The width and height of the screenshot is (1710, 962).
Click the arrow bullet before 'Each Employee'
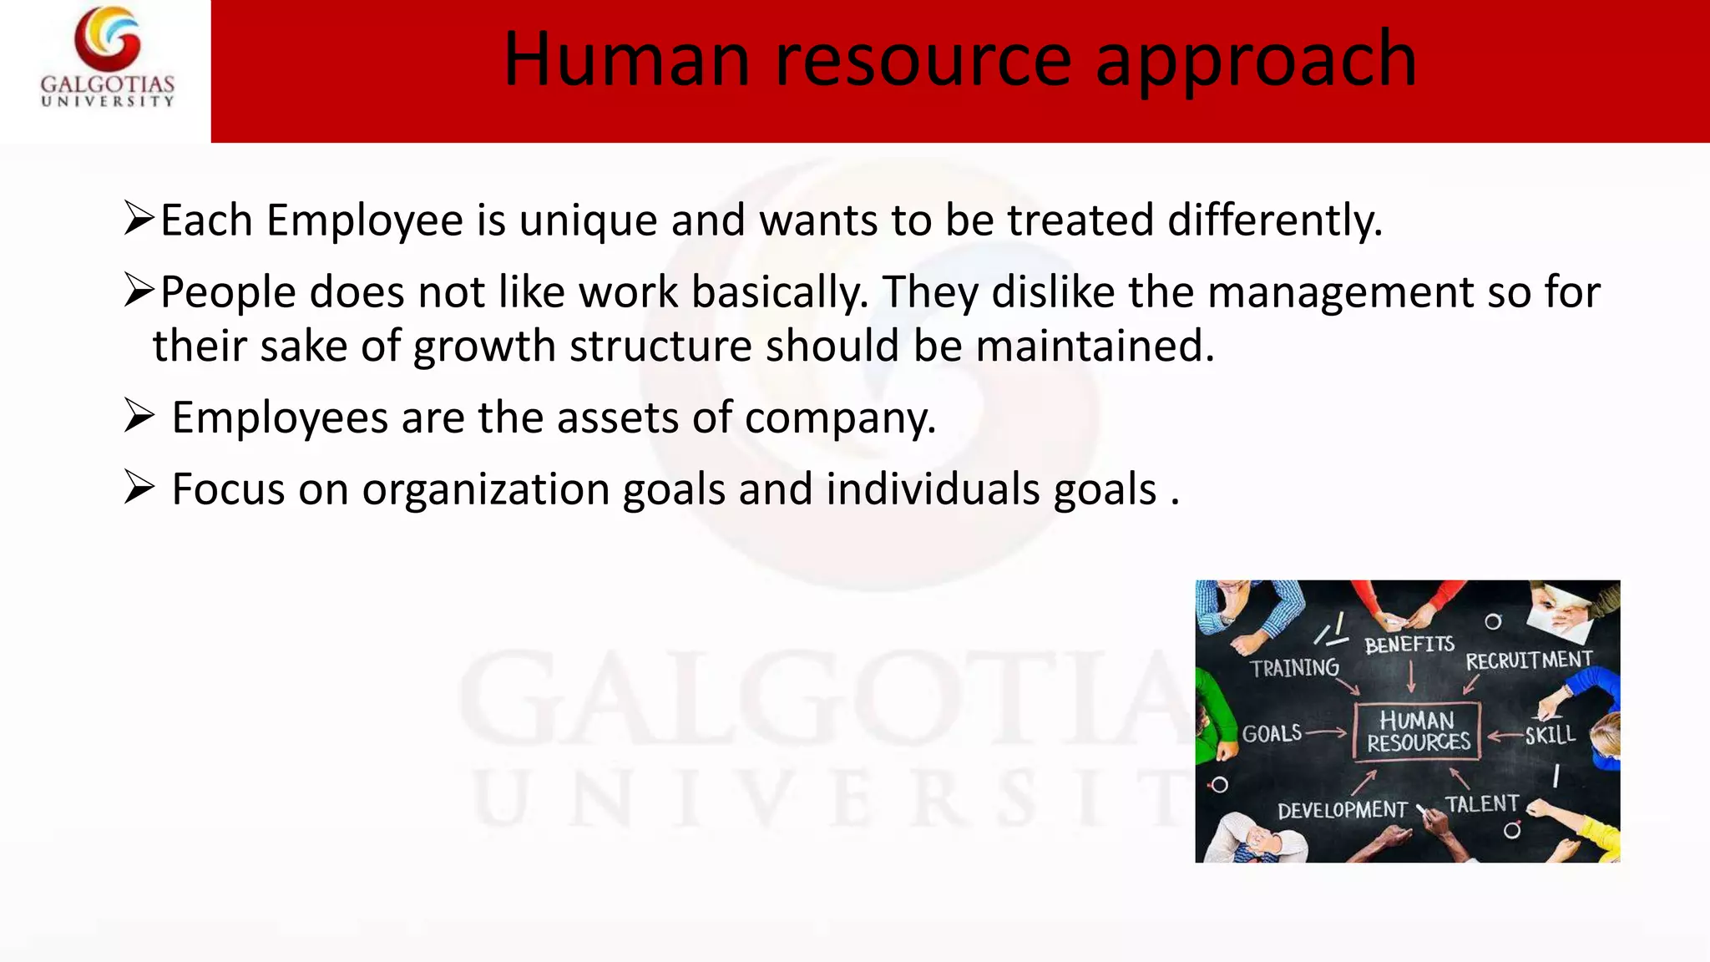tap(139, 218)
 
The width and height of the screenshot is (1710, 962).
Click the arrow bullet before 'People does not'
tap(139, 290)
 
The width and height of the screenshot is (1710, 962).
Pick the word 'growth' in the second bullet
tap(485, 346)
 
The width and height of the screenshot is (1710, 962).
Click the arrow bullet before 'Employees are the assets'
tap(139, 415)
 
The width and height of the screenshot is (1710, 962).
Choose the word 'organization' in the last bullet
tap(485, 489)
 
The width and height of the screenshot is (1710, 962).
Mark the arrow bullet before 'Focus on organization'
tap(139, 487)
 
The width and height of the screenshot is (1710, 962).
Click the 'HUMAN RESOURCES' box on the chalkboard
tap(1417, 732)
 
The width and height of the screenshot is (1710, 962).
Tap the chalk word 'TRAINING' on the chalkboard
tap(1294, 668)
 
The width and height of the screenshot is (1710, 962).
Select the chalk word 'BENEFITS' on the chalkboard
tap(1409, 645)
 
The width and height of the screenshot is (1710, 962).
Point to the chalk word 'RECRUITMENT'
tap(1529, 661)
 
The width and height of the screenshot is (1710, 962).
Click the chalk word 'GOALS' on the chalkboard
tap(1272, 734)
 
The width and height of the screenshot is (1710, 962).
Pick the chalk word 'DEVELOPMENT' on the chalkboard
tap(1342, 810)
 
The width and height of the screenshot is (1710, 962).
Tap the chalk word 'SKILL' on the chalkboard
tap(1550, 735)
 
